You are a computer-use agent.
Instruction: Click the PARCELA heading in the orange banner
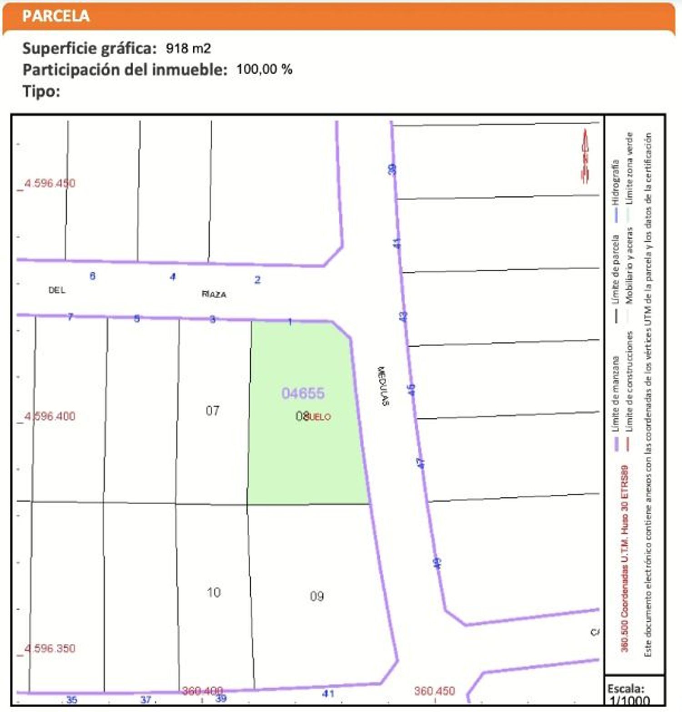(x=55, y=16)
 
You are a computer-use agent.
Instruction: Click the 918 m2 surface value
(x=188, y=48)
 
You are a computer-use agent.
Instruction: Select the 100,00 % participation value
(x=264, y=70)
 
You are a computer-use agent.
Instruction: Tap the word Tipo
(x=41, y=91)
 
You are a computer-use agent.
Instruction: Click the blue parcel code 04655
(x=303, y=393)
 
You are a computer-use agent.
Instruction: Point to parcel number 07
(x=212, y=411)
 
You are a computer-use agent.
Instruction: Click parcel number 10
(x=213, y=592)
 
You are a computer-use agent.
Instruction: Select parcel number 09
(x=316, y=596)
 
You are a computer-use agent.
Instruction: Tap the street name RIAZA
(x=214, y=294)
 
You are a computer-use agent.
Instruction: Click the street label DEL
(x=57, y=290)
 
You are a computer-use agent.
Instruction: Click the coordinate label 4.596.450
(x=50, y=183)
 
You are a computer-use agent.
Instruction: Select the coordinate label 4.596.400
(x=50, y=416)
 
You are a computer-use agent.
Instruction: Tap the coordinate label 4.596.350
(x=50, y=648)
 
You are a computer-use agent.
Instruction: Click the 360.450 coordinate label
(x=434, y=691)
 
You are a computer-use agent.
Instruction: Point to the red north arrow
(x=585, y=156)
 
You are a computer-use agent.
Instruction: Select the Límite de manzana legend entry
(x=616, y=394)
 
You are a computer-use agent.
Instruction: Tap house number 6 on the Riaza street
(x=92, y=276)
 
